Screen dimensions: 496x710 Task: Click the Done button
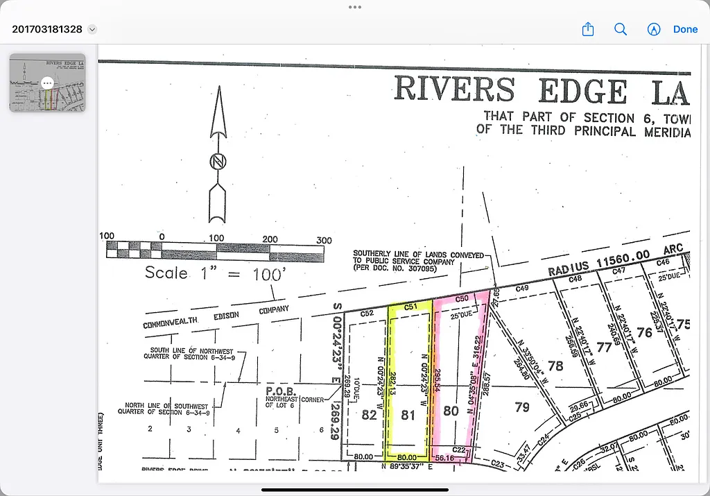685,29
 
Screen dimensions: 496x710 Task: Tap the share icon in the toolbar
588,29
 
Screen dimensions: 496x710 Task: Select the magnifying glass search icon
621,29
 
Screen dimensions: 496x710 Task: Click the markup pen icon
653,29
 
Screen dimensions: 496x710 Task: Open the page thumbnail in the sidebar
47,83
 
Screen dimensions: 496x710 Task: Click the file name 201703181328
47,29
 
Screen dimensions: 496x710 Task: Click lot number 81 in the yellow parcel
408,415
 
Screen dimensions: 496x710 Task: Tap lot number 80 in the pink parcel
451,411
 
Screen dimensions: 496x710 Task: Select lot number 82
370,415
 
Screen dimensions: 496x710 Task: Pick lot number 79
521,407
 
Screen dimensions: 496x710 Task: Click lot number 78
555,366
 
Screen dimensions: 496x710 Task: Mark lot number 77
604,347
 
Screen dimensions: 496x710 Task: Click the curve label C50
462,298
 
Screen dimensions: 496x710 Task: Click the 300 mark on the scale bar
324,240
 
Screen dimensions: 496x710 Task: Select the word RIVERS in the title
454,90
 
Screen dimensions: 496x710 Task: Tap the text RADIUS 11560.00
599,262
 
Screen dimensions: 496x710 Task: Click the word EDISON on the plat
222,316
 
